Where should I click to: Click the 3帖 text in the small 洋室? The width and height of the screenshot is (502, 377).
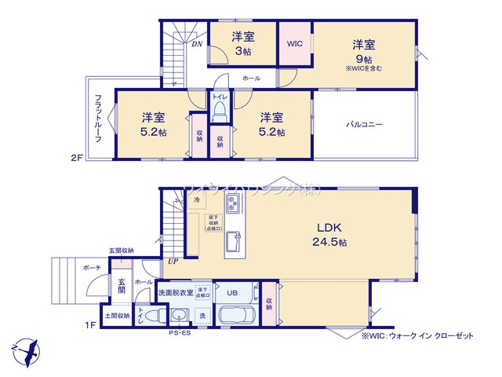coord(242,52)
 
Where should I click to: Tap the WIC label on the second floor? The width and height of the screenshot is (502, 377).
coord(295,43)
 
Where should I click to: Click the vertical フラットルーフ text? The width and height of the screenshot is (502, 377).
coord(98,117)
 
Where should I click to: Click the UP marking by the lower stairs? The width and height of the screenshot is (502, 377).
coord(172,262)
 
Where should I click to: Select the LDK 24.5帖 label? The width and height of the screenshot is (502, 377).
coord(332,233)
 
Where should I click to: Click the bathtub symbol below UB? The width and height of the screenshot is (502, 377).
coord(237,317)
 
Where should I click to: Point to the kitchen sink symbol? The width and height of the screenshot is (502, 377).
coord(233,239)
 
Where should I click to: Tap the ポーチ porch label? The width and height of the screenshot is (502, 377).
coord(93,268)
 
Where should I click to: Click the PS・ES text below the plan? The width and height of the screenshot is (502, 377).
coord(178,335)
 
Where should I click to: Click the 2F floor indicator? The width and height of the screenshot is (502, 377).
coord(75,157)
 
